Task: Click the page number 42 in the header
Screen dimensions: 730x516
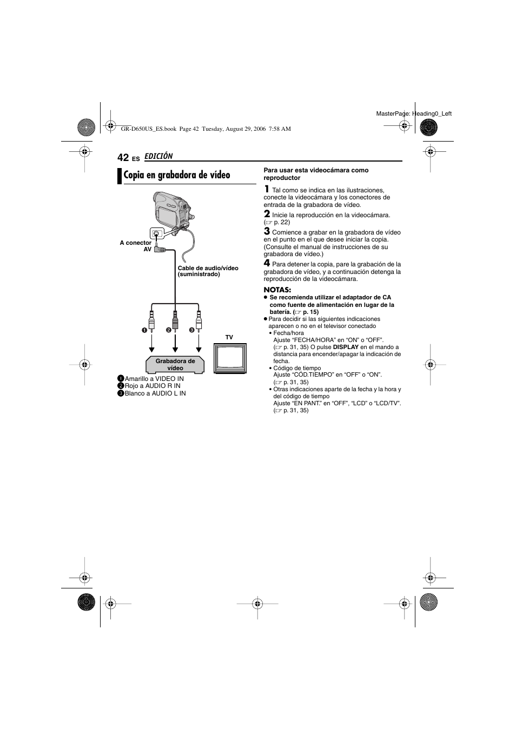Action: [123, 157]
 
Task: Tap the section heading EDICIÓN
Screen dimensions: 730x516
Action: [158, 156]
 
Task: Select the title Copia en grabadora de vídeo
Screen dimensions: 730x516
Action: [177, 175]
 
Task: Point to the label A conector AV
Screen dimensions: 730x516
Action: [136, 246]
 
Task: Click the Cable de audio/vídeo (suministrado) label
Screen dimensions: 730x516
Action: [208, 271]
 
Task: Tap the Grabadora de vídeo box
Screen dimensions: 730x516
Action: [175, 364]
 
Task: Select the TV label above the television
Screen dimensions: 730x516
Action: [229, 337]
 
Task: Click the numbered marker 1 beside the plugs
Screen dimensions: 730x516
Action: [144, 330]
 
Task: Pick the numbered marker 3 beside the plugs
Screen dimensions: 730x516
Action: [191, 330]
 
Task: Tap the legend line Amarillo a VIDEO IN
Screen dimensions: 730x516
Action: [154, 379]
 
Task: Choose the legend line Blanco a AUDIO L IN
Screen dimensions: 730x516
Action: [155, 393]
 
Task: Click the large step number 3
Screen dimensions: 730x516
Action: [267, 232]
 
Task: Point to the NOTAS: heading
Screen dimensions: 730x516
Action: [277, 290]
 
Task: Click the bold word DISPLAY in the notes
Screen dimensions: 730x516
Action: [346, 347]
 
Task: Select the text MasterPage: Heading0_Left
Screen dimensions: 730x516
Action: [414, 113]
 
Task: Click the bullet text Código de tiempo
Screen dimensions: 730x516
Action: [297, 368]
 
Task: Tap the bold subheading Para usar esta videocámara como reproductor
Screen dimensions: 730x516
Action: [316, 174]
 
